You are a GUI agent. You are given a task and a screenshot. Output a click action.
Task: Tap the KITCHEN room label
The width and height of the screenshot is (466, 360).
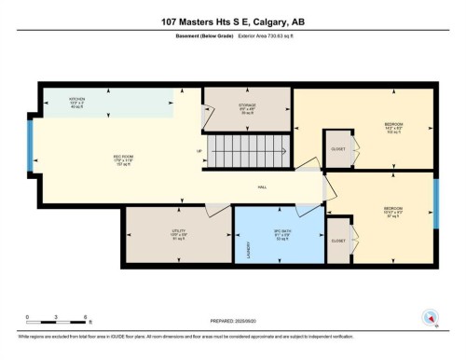click(77, 99)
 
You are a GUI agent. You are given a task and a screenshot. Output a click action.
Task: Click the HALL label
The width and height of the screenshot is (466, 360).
click(263, 187)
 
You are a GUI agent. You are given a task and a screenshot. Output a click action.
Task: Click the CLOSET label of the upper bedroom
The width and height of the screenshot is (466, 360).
click(335, 149)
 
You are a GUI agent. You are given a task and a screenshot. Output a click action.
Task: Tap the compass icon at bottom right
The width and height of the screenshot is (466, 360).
click(429, 318)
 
